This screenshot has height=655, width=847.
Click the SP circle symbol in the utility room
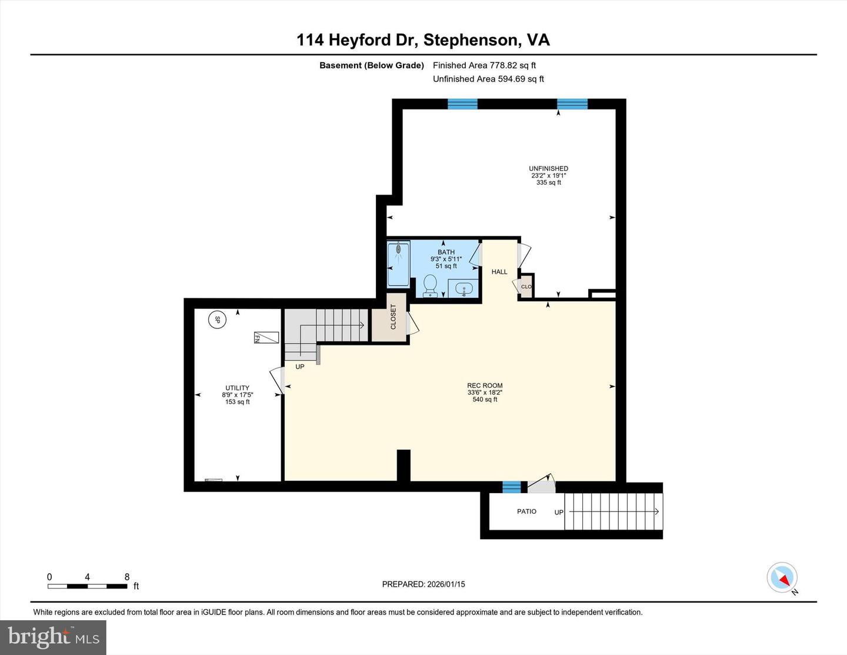[217, 320]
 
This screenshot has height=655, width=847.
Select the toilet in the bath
[430, 285]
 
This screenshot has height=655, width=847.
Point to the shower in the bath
[399, 264]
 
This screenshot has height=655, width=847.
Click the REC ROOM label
[485, 385]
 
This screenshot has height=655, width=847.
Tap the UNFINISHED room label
[548, 168]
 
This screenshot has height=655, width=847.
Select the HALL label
[499, 272]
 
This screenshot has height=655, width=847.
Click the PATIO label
[526, 511]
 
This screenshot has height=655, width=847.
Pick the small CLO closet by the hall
[526, 287]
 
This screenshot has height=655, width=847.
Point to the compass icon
[782, 578]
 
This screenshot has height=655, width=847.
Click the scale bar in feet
[87, 586]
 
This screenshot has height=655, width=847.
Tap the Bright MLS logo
[53, 637]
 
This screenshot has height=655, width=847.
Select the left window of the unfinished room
[462, 104]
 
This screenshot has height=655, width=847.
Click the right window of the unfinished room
[572, 104]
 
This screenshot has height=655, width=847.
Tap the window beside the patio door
[511, 487]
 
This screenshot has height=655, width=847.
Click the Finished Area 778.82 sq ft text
[484, 65]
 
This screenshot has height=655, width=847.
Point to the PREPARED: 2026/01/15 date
[423, 584]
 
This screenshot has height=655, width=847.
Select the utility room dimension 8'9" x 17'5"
[238, 395]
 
